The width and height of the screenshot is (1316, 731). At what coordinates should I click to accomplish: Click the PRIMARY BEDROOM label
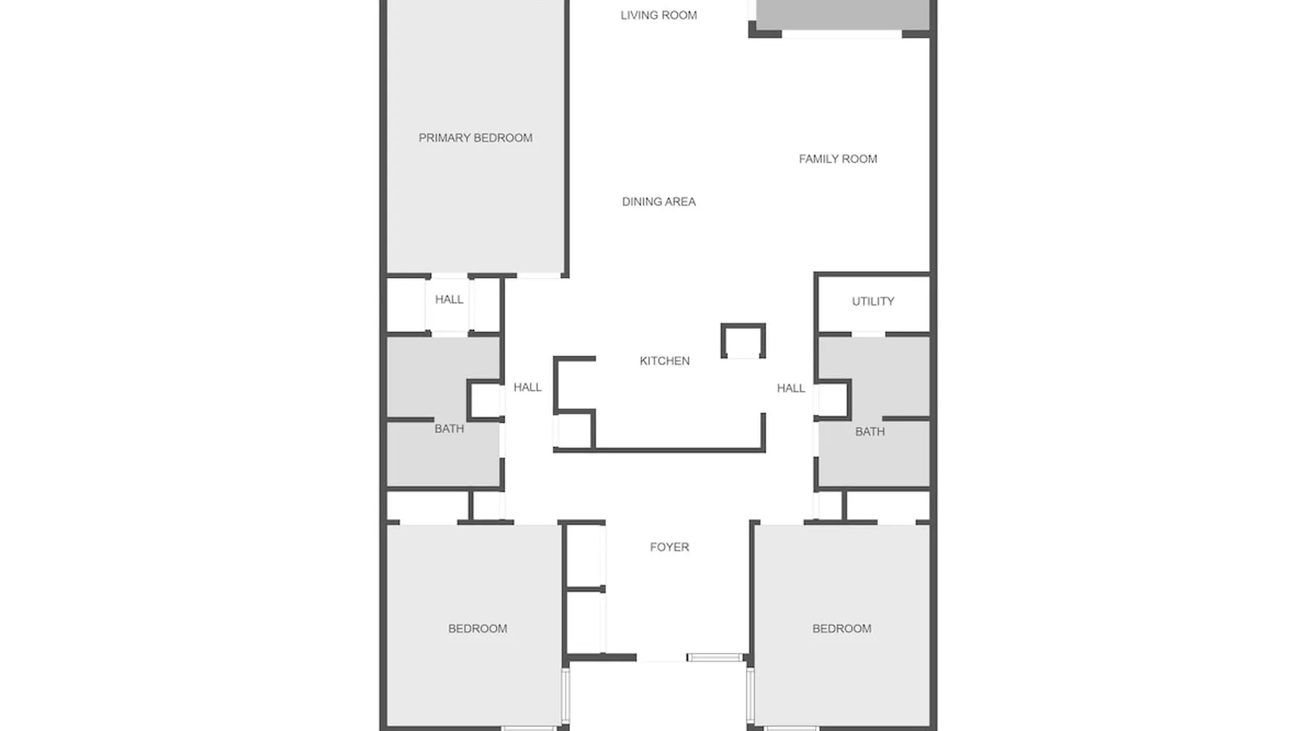[475, 137]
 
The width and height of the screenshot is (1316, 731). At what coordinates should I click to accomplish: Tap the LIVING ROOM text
[659, 15]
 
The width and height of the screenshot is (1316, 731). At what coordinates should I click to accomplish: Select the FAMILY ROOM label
[838, 159]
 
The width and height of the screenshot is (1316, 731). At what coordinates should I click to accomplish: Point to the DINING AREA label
[659, 201]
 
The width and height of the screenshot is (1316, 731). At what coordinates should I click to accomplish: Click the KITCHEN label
[665, 360]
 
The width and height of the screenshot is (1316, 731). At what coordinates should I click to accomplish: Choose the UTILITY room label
[873, 301]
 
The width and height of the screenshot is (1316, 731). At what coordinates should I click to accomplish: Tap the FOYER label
[670, 547]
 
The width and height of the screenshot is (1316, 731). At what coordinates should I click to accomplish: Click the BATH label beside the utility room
[870, 431]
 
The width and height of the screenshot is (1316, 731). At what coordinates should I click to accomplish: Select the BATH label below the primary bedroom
[449, 428]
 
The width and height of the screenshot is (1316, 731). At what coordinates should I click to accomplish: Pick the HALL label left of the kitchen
[527, 387]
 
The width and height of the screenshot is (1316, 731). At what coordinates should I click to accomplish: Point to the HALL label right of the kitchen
[791, 388]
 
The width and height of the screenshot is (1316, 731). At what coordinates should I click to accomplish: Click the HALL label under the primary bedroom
[449, 299]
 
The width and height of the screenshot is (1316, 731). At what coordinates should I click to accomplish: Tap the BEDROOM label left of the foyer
[477, 628]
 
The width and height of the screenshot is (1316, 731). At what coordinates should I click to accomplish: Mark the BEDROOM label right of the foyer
[842, 628]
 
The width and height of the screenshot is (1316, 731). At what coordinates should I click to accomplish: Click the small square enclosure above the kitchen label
[743, 325]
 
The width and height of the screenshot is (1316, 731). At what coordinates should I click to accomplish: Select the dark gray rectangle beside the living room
[842, 15]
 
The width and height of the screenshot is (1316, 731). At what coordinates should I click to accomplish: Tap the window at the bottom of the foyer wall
[716, 658]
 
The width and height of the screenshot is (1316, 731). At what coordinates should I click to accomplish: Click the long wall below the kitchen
[659, 450]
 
